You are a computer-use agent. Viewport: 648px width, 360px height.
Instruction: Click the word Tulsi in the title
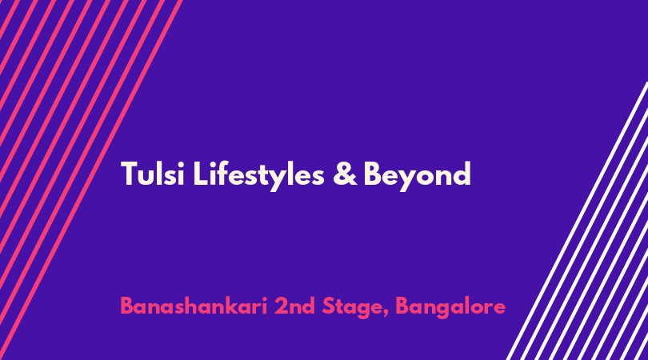tap(153, 174)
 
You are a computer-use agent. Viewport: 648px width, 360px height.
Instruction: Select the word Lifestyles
tap(258, 175)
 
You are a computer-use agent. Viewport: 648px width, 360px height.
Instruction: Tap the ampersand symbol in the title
tap(345, 174)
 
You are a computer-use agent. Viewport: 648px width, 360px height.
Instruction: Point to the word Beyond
tap(417, 176)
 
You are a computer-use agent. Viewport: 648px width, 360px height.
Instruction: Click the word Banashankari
tap(194, 306)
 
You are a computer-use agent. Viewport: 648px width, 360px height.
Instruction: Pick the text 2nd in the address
tap(294, 306)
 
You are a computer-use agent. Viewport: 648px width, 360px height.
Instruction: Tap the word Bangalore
tap(450, 307)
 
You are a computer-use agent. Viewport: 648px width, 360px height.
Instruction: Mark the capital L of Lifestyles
tap(200, 174)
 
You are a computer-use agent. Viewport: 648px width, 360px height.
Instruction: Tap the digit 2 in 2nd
tap(281, 306)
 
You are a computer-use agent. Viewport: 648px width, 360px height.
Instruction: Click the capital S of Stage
tap(329, 306)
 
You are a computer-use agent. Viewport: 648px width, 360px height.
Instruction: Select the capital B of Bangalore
tap(402, 306)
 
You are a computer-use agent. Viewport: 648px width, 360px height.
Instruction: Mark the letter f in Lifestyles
tap(221, 173)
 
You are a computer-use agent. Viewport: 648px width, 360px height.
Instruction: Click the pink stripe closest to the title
tap(91, 180)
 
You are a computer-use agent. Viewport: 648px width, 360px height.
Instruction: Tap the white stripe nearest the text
tap(577, 221)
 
